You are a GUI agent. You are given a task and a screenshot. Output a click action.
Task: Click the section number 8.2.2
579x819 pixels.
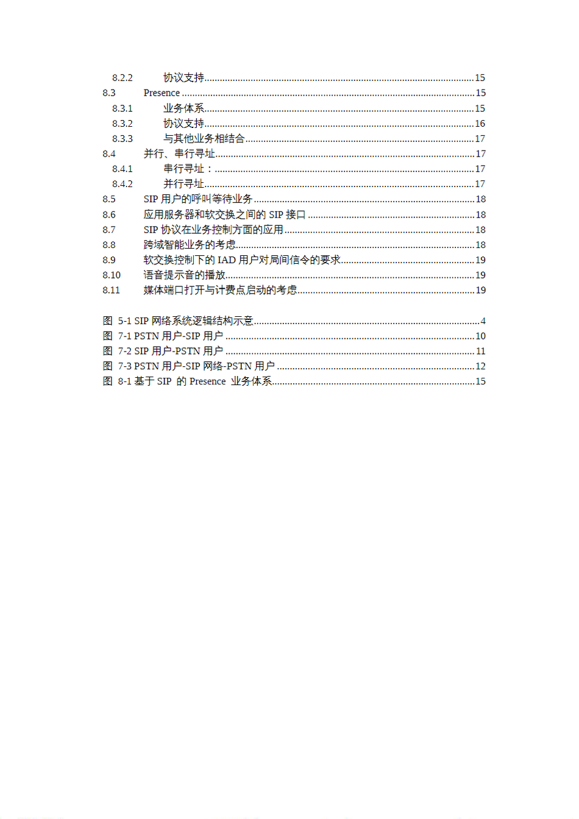point(122,78)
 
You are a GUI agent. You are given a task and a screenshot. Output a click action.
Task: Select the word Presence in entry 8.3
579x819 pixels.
point(162,93)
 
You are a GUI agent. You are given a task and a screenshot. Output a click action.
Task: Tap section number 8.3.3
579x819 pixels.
point(122,139)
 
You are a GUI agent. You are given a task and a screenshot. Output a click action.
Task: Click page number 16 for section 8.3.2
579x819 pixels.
point(480,124)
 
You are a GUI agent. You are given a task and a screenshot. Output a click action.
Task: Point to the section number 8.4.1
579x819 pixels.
point(122,169)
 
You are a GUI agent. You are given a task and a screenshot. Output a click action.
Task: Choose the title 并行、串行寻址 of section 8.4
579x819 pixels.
point(179,154)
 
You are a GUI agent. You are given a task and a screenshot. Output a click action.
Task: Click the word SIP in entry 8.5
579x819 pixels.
point(151,199)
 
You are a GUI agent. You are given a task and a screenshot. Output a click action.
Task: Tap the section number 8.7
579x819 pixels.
point(109,230)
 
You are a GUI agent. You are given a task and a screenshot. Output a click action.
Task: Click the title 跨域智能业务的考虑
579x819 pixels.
point(190,245)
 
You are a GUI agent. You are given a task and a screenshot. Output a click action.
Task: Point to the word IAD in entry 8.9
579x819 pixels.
point(226,260)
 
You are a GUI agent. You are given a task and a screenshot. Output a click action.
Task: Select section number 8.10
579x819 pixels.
point(112,275)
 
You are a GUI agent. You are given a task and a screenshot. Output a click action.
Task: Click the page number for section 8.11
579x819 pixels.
point(480,291)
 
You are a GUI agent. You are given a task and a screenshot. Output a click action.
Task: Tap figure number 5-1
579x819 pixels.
point(124,321)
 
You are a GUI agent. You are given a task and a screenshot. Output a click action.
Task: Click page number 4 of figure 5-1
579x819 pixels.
point(483,321)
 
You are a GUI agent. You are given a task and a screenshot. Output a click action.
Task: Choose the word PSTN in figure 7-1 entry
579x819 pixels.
point(146,336)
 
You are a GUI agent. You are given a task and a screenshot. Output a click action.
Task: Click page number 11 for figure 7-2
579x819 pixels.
point(480,352)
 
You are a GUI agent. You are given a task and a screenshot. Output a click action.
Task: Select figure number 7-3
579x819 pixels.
point(124,366)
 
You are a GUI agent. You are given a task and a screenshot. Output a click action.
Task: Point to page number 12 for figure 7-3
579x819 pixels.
point(480,366)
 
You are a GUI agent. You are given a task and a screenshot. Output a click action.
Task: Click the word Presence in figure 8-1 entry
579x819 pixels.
point(207,381)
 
